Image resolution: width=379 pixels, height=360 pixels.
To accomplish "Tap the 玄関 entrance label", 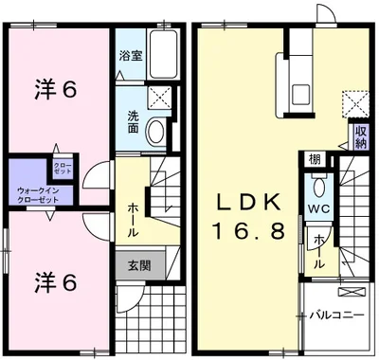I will click(x=133, y=265).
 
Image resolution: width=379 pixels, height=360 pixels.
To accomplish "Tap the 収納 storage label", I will click(x=360, y=136).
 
